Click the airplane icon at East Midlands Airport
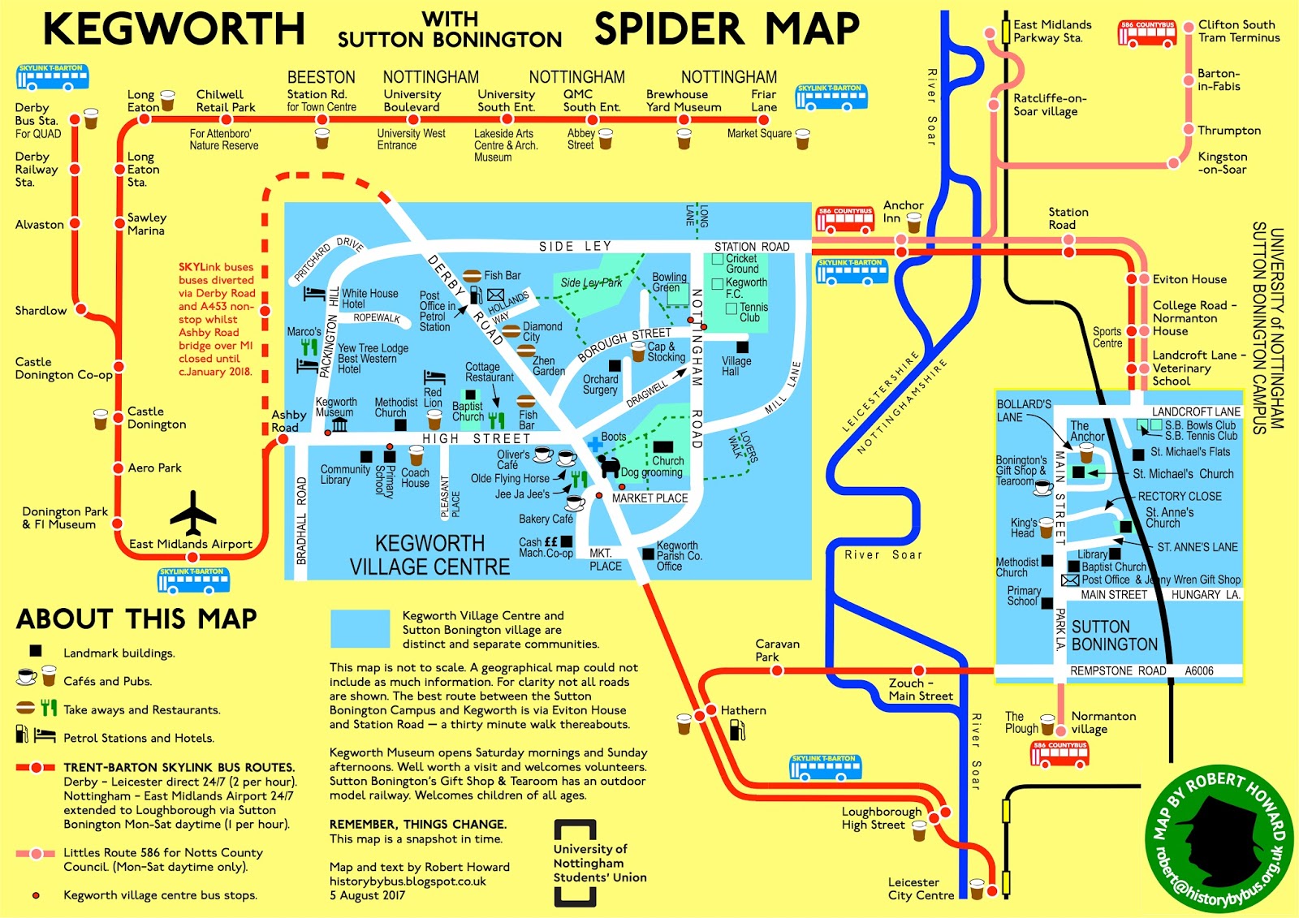coord(193,512)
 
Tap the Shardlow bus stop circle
coord(81,309)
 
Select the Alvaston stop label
coord(39,225)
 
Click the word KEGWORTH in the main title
coord(174,30)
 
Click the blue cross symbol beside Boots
coord(595,444)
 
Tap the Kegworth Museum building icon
coord(339,425)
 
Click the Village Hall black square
coord(742,347)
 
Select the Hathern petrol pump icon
coord(737,730)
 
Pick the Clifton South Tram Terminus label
coord(1238,31)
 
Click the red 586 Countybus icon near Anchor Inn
coord(845,219)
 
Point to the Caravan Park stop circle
coord(777,670)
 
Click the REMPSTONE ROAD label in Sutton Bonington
coord(1117,671)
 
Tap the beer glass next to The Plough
coord(1047,724)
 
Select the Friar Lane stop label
coord(763,101)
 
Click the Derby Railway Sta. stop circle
coord(76,169)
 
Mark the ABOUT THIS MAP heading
coord(136,619)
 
